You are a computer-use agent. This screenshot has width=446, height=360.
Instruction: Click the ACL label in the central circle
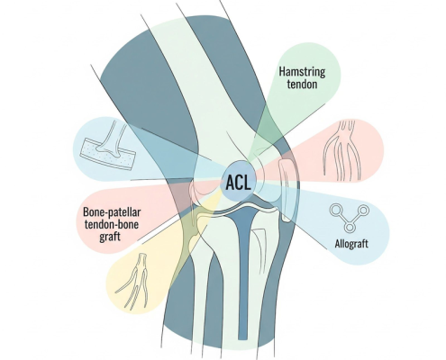[x=238, y=183]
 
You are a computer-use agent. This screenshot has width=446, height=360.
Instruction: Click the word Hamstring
[x=302, y=72]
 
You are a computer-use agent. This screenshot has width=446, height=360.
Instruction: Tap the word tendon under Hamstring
[x=302, y=84]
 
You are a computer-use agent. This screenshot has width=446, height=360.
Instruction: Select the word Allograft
[x=351, y=243]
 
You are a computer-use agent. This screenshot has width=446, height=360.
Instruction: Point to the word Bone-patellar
[x=112, y=212]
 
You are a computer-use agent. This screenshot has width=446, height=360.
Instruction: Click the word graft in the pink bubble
[x=110, y=237]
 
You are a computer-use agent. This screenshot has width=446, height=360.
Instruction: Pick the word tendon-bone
[x=112, y=224]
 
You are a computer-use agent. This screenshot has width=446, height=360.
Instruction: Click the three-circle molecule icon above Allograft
[x=349, y=218]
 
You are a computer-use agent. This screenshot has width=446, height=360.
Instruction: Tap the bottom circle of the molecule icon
[x=349, y=228]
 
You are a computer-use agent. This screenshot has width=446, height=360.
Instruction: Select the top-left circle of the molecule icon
[x=335, y=210]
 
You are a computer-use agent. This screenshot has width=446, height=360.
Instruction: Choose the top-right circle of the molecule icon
[x=363, y=210]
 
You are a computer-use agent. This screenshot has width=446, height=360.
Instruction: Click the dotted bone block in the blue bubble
[x=107, y=153]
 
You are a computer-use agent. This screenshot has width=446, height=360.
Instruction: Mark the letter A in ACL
[x=231, y=183]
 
